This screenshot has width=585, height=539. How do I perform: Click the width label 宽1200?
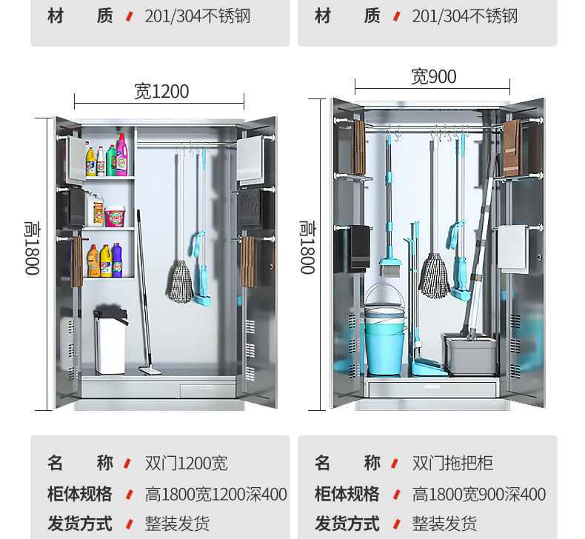(161, 91)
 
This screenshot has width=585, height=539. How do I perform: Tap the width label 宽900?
(433, 76)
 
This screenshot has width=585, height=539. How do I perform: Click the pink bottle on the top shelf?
(122, 155)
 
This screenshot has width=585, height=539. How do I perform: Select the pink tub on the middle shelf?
(116, 215)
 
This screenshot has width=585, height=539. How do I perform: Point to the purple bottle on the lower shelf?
(117, 259)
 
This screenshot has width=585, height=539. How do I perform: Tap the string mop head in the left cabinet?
(180, 282)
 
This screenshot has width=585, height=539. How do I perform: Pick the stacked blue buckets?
(384, 329)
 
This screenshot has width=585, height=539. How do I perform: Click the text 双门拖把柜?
(452, 463)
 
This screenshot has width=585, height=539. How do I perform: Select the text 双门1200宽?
(186, 463)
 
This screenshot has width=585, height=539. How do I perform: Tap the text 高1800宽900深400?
(478, 495)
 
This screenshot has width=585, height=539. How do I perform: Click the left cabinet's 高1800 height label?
(32, 247)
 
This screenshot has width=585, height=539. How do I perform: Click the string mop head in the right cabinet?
(434, 275)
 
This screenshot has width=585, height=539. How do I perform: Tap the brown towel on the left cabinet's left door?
(76, 261)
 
